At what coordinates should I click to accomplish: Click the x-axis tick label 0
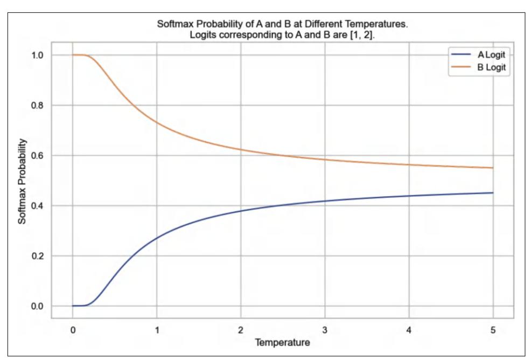[72, 329]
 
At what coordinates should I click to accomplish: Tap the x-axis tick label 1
[157, 329]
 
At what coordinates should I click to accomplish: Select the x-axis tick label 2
[241, 329]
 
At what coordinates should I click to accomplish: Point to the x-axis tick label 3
[325, 329]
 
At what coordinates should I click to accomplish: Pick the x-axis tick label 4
[409, 329]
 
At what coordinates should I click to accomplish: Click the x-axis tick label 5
[493, 329]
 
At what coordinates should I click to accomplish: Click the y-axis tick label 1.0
[44, 55]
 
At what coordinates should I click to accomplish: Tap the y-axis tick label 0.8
[44, 105]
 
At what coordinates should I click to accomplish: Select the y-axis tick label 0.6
[44, 156]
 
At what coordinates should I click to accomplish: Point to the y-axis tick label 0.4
[44, 206]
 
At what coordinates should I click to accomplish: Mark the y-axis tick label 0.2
[44, 256]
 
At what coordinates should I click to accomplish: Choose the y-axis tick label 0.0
[44, 306]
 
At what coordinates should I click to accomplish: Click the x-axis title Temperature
[283, 342]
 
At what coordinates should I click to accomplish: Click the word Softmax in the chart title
[172, 24]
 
